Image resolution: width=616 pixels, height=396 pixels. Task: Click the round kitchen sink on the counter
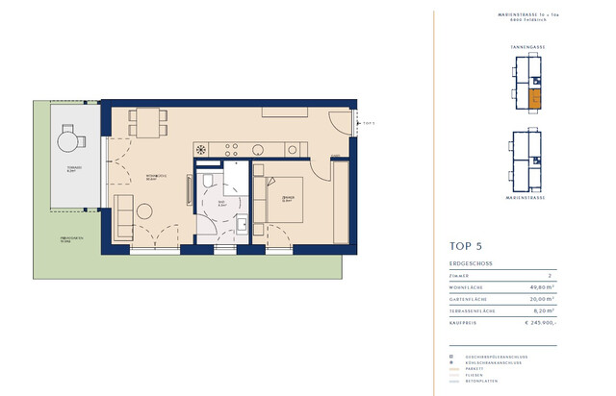coord(201,149)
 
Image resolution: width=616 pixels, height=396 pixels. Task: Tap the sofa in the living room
coord(123,215)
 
